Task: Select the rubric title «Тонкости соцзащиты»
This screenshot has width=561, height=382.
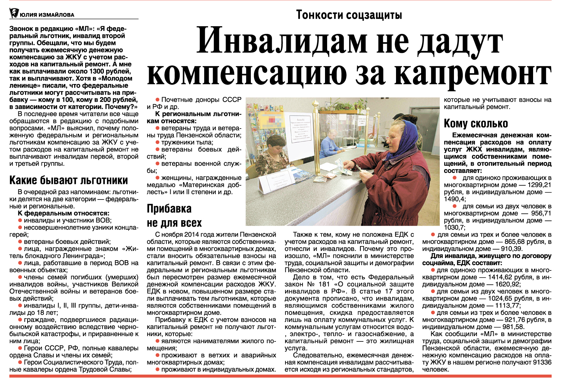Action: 349,15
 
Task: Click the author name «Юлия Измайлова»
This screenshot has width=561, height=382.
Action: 47,15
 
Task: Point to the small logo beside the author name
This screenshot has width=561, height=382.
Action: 14,13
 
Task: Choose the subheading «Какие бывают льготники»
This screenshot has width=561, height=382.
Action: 69,180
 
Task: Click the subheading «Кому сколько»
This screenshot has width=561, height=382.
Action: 476,124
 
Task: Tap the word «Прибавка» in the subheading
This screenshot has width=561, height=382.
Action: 169,209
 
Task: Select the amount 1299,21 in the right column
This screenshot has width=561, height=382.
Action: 539,185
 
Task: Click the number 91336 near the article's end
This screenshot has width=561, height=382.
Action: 542,362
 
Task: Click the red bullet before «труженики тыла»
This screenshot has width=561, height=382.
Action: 158,142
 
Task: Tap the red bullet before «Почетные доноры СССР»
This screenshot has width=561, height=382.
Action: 158,100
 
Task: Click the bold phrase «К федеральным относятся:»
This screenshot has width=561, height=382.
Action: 64,213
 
